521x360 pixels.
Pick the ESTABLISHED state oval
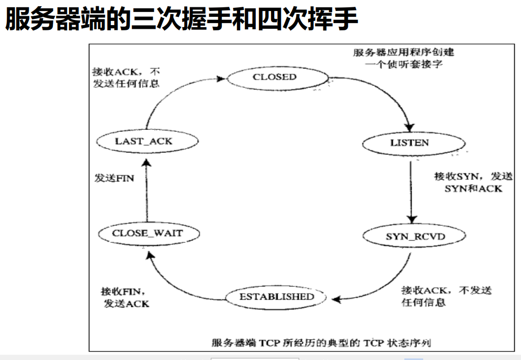click(x=277, y=297)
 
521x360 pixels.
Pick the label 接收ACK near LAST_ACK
click(x=126, y=77)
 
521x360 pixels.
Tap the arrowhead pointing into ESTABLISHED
click(x=336, y=300)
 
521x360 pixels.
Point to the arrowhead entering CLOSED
click(x=221, y=78)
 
